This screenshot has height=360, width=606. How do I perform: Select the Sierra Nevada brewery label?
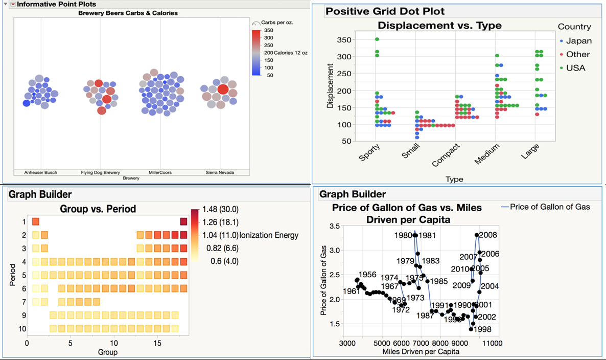[x=220, y=173]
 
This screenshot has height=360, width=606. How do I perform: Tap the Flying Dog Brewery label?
[x=101, y=173]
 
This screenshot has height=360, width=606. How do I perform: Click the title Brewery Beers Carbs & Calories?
[x=128, y=13]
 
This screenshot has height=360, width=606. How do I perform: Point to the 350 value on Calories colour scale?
[x=269, y=31]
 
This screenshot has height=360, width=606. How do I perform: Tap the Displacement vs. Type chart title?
[x=439, y=25]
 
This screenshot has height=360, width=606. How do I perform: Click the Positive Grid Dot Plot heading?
[x=385, y=11]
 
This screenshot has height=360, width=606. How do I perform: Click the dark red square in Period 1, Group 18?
[x=183, y=221]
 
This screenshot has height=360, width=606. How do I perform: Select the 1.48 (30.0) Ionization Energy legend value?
[x=221, y=209]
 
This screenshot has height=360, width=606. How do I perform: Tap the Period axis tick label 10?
[x=21, y=328]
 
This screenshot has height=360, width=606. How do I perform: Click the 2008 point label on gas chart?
[x=488, y=235]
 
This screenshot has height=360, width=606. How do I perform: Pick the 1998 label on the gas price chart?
[x=483, y=329]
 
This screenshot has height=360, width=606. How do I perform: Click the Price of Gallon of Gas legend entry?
[x=549, y=207]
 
